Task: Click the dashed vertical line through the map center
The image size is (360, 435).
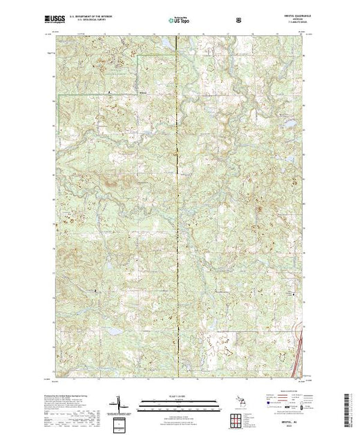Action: tap(180, 207)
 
